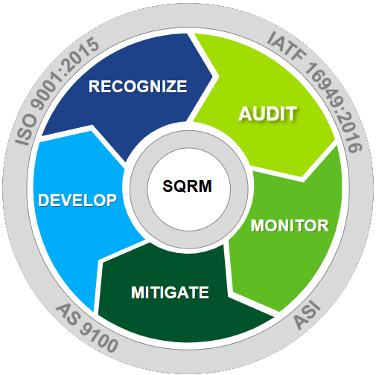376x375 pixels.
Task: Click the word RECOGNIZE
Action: pyautogui.click(x=138, y=86)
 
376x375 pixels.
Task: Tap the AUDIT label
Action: pyautogui.click(x=267, y=114)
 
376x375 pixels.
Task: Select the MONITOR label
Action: pyautogui.click(x=290, y=225)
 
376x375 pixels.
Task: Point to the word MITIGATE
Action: pyautogui.click(x=170, y=292)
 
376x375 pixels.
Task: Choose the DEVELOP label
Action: pyautogui.click(x=77, y=200)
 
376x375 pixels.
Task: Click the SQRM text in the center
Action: pyautogui.click(x=187, y=186)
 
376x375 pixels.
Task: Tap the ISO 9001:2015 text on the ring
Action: pyautogui.click(x=57, y=92)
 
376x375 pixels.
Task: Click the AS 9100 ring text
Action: pyautogui.click(x=87, y=328)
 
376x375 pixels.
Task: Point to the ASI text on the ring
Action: pyautogui.click(x=308, y=315)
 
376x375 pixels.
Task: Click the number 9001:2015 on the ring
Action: pyautogui.click(x=65, y=74)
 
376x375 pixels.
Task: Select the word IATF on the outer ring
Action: pyautogui.click(x=286, y=45)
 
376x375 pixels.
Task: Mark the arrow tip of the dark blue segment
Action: pyautogui.click(x=212, y=77)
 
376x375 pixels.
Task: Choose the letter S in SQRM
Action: pyautogui.click(x=168, y=186)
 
